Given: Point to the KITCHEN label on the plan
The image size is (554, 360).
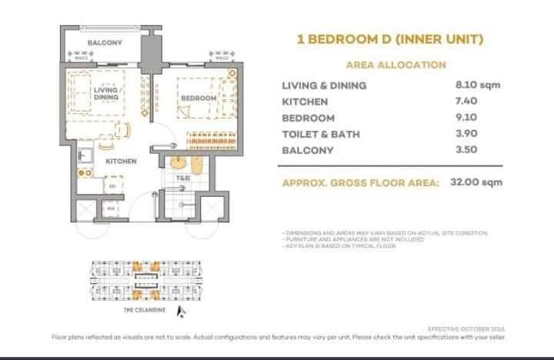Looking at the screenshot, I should pos(121,162).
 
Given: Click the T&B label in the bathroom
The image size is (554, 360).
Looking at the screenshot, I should pos(182,178).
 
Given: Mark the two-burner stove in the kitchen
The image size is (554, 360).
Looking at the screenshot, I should pos(85,173).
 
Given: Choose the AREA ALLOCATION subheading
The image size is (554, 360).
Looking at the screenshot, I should pos(395,65).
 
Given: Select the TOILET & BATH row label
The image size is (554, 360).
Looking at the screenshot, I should pos(321,134).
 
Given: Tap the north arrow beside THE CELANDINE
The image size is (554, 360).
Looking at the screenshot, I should pos(180,310).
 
